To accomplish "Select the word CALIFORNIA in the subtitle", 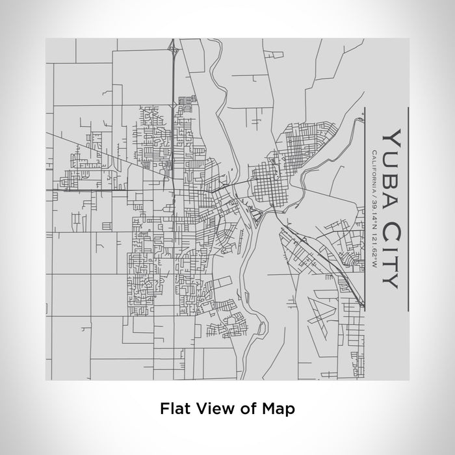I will point(373,170).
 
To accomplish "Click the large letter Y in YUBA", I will point(392,137).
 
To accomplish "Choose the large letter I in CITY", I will point(392,248).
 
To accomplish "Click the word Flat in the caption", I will point(174,409).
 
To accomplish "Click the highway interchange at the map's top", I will point(174,49).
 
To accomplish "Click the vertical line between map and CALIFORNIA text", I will point(365,208).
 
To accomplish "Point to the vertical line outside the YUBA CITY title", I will point(408,208).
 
